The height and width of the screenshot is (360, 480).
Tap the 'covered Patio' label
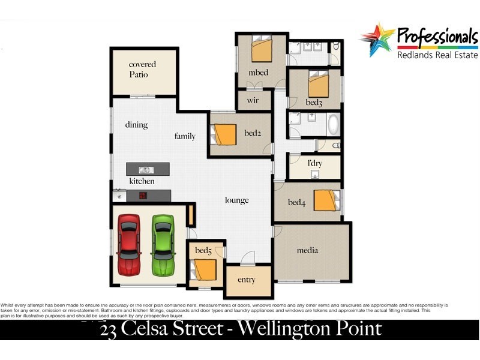point(142,70)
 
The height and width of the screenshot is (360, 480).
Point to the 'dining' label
point(136,125)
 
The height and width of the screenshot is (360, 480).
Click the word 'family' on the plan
point(185,136)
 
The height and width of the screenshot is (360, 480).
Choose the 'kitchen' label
point(142,181)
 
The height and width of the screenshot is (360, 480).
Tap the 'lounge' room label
point(236,200)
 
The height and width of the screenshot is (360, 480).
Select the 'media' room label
point(307,250)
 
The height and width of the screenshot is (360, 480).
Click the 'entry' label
point(246,280)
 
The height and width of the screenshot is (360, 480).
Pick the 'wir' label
point(253,100)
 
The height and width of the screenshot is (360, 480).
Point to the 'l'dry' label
point(314,163)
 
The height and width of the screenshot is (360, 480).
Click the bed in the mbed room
point(262,50)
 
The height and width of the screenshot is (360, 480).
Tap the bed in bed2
point(225,134)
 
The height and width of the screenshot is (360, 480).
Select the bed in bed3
point(318,84)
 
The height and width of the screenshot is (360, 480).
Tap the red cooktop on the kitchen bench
point(143,195)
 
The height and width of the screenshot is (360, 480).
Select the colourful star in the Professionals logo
point(377,39)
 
